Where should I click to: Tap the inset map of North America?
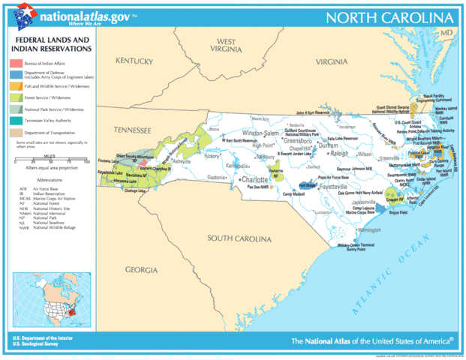49,299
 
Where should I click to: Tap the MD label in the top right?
446,34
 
